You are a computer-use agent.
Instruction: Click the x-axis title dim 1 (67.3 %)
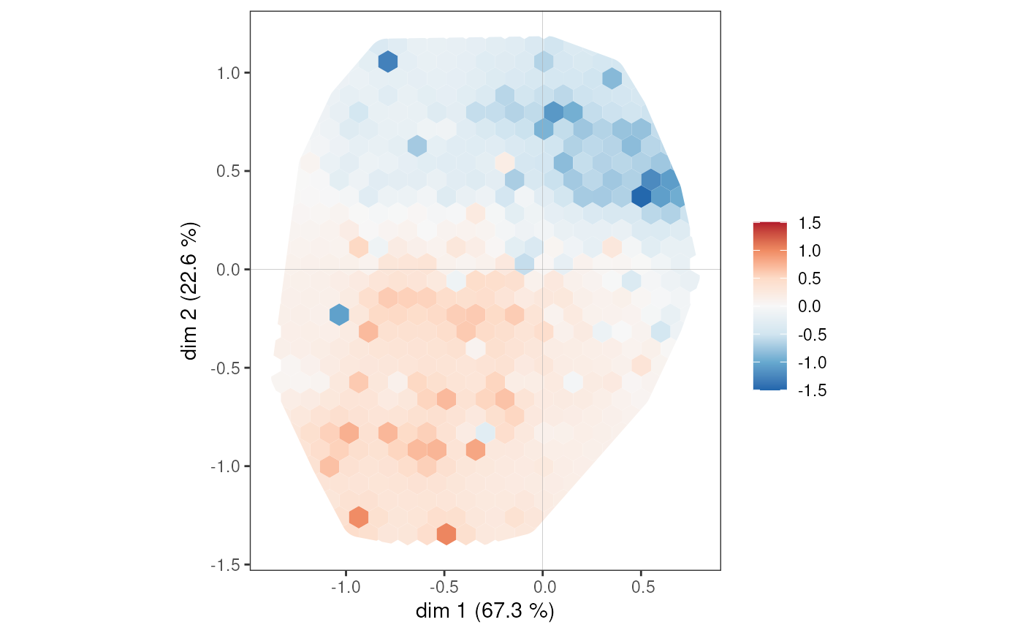point(484,611)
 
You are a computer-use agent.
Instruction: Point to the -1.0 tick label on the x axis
point(345,586)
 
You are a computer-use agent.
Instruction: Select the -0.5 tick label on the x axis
point(444,586)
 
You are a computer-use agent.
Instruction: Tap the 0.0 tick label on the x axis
point(542,586)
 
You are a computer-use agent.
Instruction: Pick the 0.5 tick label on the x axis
point(641,586)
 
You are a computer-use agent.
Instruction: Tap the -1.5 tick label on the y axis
point(226,564)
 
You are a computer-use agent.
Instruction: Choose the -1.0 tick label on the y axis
point(226,466)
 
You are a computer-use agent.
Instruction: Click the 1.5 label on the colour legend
point(809,223)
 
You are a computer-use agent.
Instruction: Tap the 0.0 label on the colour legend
point(809,306)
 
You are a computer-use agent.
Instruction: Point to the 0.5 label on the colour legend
point(809,278)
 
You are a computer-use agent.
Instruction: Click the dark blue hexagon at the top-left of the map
point(387,61)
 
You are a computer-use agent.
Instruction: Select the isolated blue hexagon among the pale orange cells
point(338,314)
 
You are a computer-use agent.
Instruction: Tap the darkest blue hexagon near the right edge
point(642,197)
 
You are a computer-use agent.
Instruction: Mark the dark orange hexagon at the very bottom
point(446,534)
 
